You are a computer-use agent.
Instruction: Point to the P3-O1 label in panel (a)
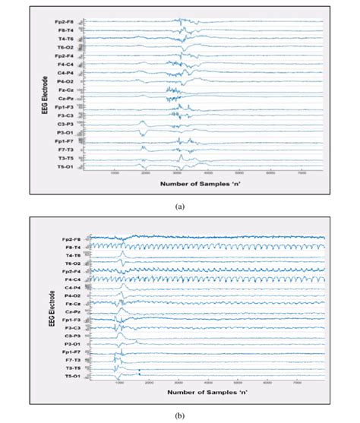tap(65, 131)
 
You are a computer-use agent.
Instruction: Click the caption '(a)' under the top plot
tap(180, 206)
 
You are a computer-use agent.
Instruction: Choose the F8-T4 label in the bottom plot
tap(72, 247)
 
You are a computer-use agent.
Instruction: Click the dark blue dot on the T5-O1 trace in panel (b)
tap(139, 371)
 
